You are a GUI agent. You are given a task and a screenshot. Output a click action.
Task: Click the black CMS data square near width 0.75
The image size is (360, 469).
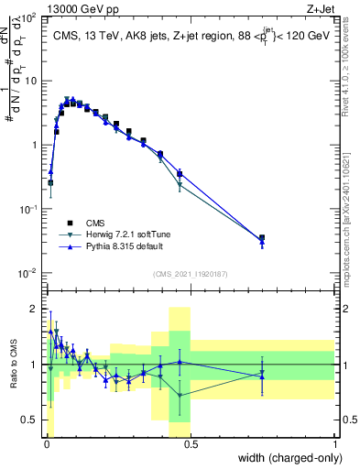click(262, 238)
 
